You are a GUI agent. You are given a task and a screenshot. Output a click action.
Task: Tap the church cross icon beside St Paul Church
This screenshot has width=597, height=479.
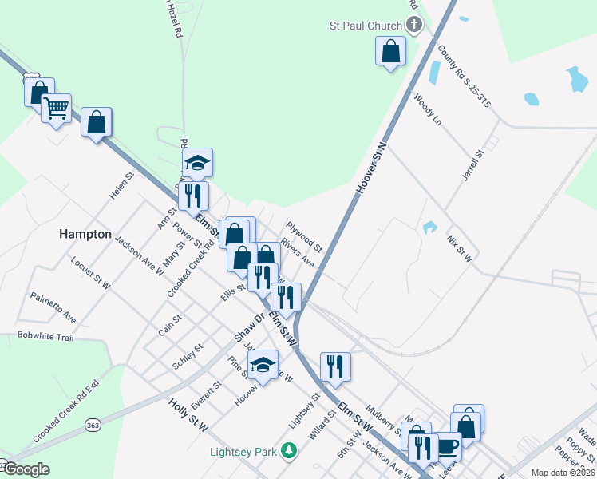[413, 26]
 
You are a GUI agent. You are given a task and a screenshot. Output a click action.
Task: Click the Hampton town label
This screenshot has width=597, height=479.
[85, 235]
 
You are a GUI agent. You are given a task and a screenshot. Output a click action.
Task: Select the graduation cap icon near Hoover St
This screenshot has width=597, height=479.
[263, 365]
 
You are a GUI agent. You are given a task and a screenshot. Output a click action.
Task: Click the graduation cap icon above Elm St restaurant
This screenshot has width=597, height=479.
[197, 163]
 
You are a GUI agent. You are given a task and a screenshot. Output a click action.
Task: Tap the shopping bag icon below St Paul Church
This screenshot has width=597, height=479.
[391, 52]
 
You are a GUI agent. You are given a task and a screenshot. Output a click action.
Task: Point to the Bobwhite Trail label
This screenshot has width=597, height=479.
[45, 337]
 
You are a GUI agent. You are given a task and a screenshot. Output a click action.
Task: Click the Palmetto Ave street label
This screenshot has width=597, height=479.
[53, 307]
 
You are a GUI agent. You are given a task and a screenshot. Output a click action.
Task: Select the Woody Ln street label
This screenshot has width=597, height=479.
[427, 109]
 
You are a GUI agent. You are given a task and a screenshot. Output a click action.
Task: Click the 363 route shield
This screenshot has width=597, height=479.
[93, 424]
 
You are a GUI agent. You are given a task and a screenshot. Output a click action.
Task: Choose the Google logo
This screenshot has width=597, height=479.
[26, 469]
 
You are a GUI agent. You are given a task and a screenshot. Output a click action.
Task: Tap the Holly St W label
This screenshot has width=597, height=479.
[188, 416]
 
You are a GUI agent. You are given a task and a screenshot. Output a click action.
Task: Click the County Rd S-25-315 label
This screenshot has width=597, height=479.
[466, 77]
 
